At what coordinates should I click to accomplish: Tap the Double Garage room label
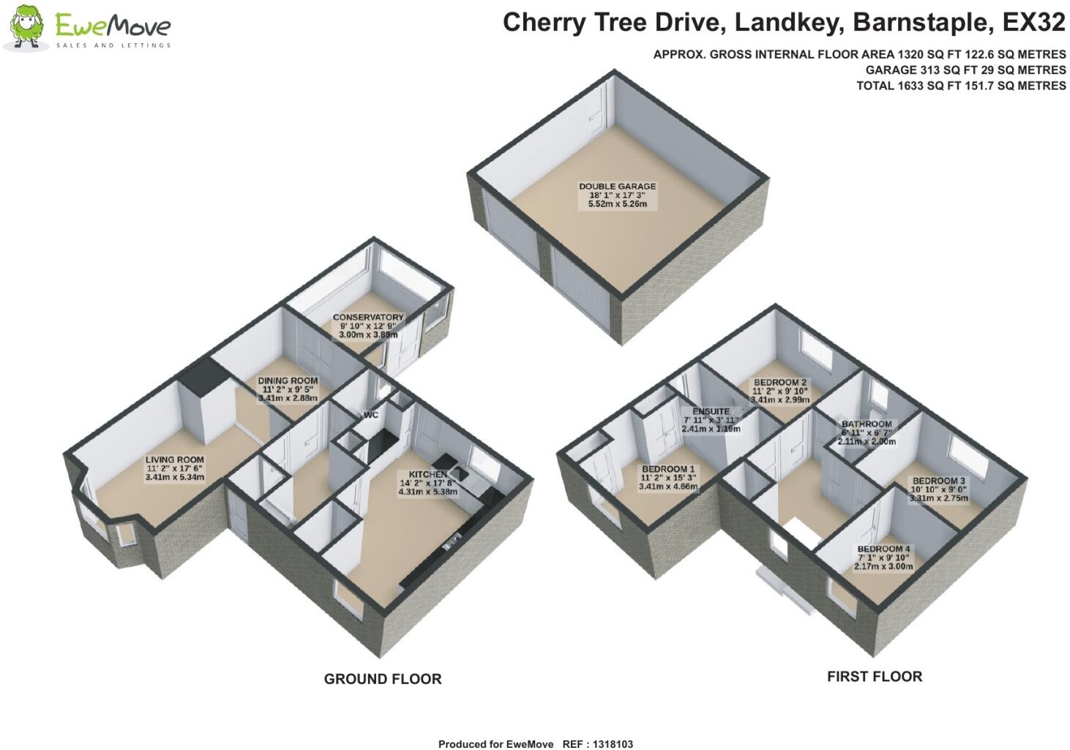point(617,187)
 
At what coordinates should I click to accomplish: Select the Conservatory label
point(368,318)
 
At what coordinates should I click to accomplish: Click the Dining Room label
point(288,380)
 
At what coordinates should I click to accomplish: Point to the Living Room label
point(174,460)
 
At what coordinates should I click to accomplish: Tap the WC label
point(371,416)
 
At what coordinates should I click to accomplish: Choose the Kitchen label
point(427,474)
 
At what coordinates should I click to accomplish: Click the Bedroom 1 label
point(668,469)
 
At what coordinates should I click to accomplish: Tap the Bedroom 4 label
point(883,549)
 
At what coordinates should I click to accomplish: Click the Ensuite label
point(710,412)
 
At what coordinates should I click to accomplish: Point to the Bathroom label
point(867,424)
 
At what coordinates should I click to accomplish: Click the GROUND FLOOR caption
point(382,679)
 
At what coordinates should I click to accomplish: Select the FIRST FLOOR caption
point(874,677)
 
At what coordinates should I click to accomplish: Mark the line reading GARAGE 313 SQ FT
point(965,70)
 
